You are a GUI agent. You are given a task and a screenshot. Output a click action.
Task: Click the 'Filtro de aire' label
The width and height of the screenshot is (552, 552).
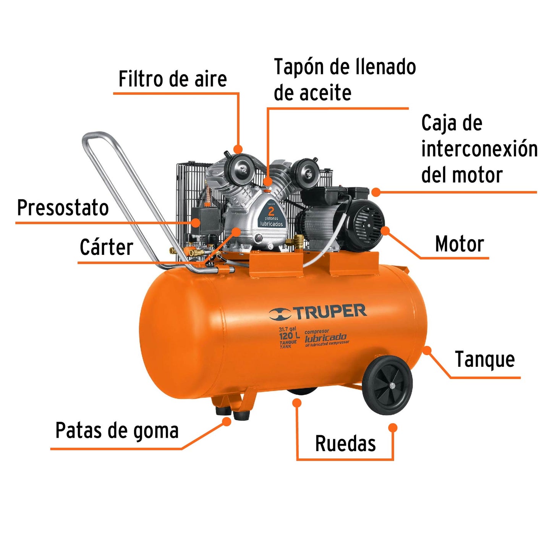173,79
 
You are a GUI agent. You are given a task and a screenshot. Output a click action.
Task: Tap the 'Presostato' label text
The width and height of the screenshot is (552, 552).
63,208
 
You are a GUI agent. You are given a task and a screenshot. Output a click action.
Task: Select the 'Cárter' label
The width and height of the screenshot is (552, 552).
107,247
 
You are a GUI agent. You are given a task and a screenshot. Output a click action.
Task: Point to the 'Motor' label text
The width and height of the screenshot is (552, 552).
460,244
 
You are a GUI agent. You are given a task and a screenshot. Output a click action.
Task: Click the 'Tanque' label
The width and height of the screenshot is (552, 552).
485,359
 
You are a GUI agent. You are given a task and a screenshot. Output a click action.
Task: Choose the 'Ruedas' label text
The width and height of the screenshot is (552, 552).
345,444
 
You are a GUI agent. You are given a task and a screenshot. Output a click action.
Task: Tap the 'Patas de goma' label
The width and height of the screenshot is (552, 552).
117,431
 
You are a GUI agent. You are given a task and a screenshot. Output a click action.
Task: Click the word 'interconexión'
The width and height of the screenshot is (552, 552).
479,149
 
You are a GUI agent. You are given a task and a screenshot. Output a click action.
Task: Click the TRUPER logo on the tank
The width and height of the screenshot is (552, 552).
318,312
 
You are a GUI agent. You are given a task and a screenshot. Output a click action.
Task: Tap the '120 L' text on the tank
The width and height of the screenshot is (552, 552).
289,336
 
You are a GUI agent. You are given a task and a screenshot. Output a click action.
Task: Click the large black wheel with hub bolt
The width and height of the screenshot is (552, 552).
387,385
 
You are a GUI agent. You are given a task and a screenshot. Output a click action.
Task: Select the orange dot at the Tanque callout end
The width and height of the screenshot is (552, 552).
427,350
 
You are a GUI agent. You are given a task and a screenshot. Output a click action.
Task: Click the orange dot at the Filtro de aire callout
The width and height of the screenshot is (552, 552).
238,149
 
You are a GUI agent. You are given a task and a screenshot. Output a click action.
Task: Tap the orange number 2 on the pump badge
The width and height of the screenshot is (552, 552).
271,210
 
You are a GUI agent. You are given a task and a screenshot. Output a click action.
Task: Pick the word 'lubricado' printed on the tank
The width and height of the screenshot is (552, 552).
325,338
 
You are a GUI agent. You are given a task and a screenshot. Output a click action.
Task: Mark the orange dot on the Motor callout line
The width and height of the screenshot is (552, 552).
385,230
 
